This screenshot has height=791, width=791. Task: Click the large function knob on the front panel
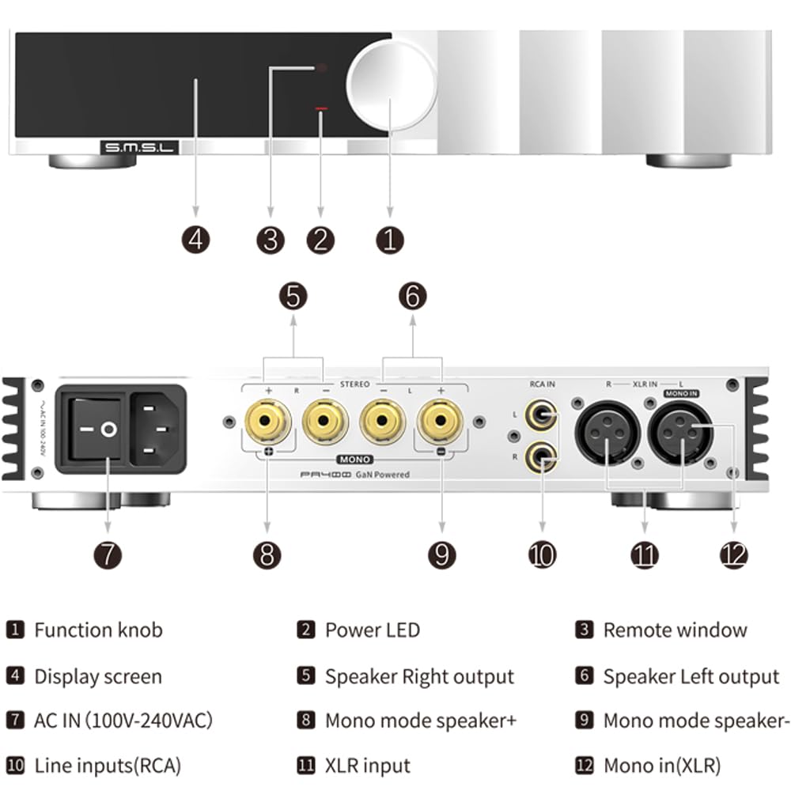pyautogui.click(x=391, y=81)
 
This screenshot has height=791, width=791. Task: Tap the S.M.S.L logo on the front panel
pyautogui.click(x=139, y=146)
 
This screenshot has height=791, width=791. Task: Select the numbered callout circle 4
pyautogui.click(x=195, y=239)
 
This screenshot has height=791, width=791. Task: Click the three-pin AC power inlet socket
pyautogui.click(x=157, y=430)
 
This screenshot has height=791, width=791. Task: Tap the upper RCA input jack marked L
pyautogui.click(x=542, y=414)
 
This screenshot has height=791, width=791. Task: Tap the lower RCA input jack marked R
pyautogui.click(x=542, y=456)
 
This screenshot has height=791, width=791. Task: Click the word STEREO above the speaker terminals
pyautogui.click(x=355, y=384)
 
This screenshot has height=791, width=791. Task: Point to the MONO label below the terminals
pyautogui.click(x=354, y=458)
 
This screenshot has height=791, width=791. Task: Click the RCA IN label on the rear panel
pyautogui.click(x=542, y=385)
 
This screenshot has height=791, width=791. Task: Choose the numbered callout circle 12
pyautogui.click(x=733, y=554)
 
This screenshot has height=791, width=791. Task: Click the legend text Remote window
pyautogui.click(x=675, y=630)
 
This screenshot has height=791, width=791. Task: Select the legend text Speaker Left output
pyautogui.click(x=691, y=677)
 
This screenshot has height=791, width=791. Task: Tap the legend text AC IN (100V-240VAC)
pyautogui.click(x=123, y=721)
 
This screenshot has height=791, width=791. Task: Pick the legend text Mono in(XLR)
pyautogui.click(x=662, y=766)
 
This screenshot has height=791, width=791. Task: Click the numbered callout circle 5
pyautogui.click(x=293, y=297)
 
